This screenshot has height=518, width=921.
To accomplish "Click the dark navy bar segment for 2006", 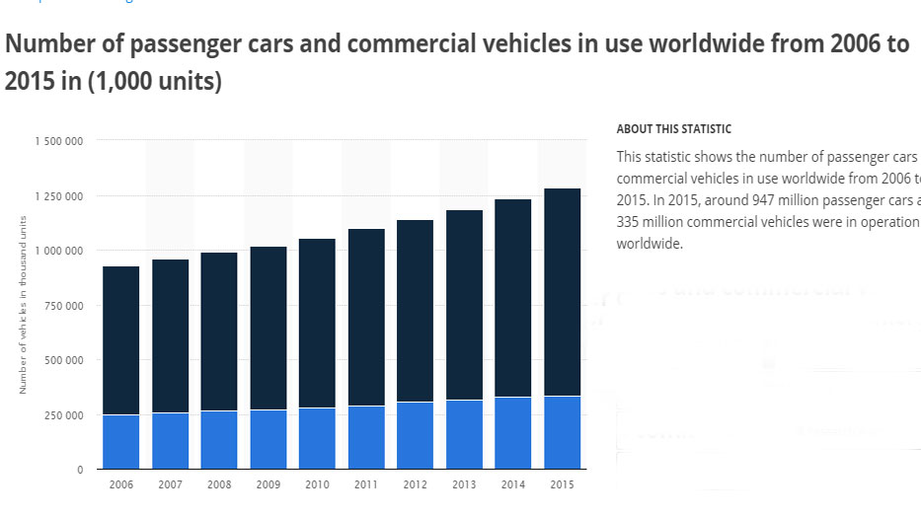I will [120, 340].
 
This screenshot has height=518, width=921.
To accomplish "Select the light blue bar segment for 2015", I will [561, 432].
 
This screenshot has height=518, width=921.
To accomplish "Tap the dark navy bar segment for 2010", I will [316, 323].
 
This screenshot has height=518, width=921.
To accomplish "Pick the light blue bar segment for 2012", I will [414, 435].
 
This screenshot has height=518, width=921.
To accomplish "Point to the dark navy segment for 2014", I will [512, 298].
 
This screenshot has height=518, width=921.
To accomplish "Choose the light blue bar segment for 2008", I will [218, 439].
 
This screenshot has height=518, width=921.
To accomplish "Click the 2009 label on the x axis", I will [268, 485].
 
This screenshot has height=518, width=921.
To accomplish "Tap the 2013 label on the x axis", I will [463, 485].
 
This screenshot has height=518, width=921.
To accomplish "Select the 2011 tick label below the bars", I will [365, 485].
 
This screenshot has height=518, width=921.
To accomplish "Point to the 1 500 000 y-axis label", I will [58, 141].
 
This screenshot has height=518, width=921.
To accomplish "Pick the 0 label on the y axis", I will [79, 470].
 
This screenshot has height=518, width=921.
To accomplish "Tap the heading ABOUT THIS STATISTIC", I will [673, 129].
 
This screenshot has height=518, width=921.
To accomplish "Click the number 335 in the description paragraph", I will [627, 222].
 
